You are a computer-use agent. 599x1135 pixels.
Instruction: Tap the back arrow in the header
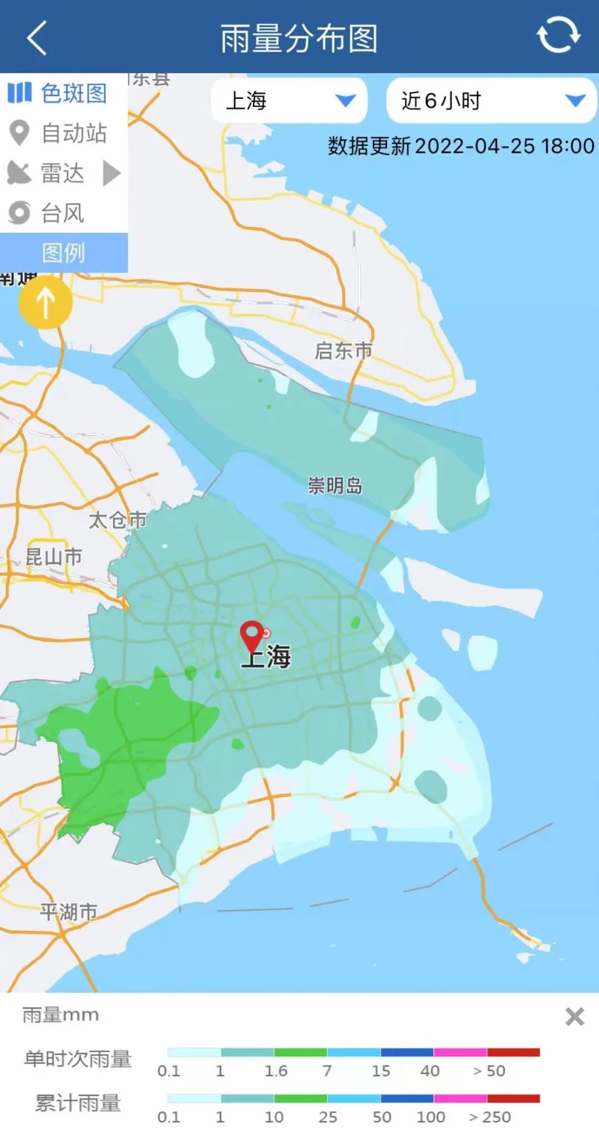(x=37, y=38)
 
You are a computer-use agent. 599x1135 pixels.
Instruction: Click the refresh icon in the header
(x=558, y=35)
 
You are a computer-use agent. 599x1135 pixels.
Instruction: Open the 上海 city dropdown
(x=289, y=100)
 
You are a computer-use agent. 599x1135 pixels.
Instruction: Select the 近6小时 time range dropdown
(x=491, y=100)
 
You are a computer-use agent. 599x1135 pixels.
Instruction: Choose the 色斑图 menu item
(x=59, y=93)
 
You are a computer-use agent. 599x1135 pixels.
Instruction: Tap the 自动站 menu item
(x=59, y=133)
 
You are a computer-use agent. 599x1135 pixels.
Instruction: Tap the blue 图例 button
(x=63, y=253)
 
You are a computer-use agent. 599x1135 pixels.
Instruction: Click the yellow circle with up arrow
(x=45, y=303)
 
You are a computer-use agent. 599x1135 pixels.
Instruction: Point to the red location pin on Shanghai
(x=252, y=635)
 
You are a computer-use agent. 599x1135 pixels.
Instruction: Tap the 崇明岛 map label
(x=335, y=486)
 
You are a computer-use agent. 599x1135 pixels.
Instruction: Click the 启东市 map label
(x=343, y=350)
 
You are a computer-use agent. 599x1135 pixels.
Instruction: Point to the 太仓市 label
(x=118, y=520)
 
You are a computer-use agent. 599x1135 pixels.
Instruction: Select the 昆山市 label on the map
(x=54, y=556)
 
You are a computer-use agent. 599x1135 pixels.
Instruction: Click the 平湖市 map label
(x=69, y=912)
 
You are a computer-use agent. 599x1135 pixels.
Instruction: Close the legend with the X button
(x=575, y=1017)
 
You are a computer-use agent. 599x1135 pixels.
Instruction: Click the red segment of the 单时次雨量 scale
(x=514, y=1052)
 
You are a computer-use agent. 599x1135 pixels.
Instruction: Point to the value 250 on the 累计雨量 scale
(x=490, y=1117)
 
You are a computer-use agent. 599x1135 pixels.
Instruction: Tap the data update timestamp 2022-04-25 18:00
(x=504, y=146)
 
